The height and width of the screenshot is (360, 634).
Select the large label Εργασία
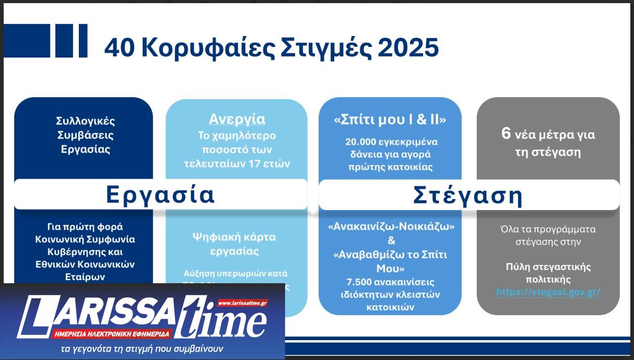[x=160, y=195]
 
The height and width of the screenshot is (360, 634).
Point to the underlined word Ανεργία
[x=237, y=119]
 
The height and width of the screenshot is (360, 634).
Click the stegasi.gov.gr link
[x=548, y=292]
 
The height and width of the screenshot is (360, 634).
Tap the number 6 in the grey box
[x=506, y=134]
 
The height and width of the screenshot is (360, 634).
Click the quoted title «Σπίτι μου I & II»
[x=390, y=120]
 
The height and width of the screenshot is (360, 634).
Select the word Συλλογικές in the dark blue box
[x=85, y=121]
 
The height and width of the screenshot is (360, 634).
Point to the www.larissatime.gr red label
[x=242, y=303]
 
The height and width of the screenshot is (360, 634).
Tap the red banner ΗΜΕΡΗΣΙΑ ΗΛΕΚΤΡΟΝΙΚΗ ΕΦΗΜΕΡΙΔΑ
[x=111, y=333]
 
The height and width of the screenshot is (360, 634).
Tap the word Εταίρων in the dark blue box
[x=85, y=276]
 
